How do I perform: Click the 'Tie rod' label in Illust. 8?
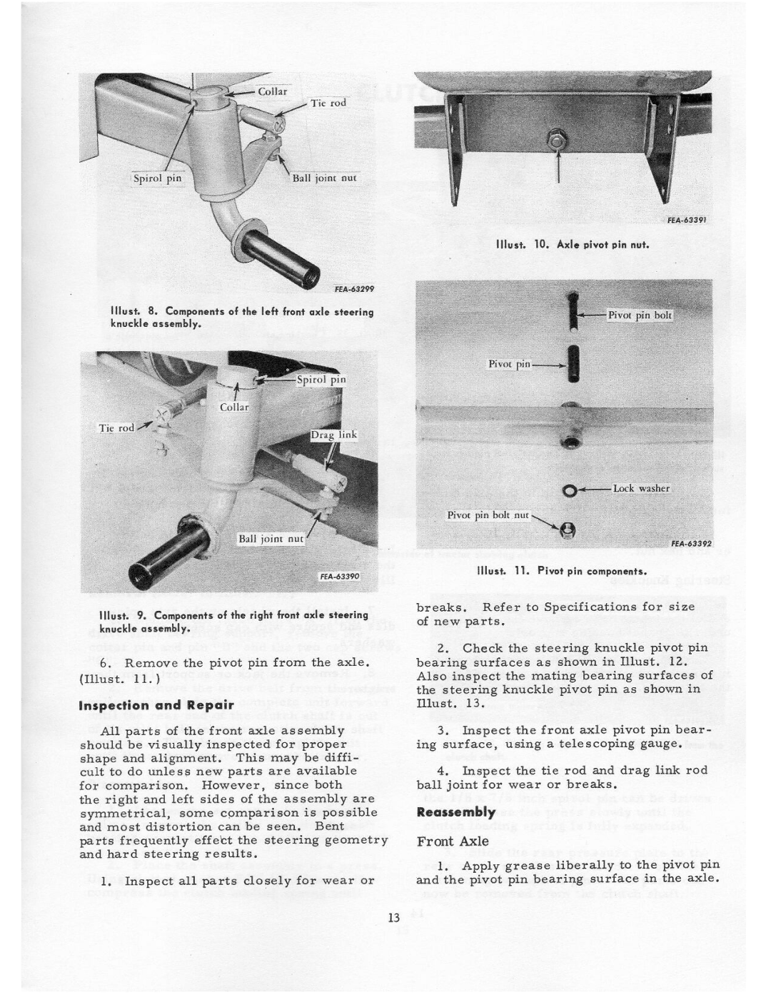pos(328,103)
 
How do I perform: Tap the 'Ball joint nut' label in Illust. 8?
pos(325,178)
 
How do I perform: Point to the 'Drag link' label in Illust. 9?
pos(333,435)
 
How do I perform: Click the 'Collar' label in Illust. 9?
pos(234,407)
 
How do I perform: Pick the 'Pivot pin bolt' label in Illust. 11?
pos(640,315)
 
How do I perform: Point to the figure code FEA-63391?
pos(687,221)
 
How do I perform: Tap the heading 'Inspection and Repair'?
pos(166,704)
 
